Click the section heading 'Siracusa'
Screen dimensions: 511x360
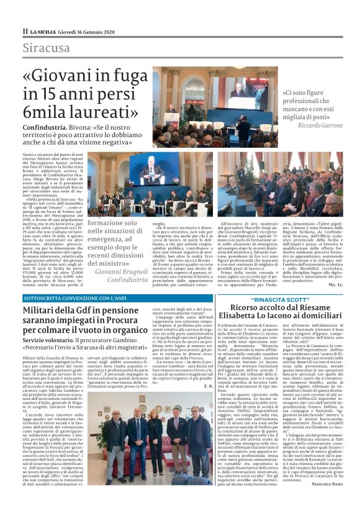[47, 48]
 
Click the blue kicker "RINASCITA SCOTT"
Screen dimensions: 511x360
[280, 299]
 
